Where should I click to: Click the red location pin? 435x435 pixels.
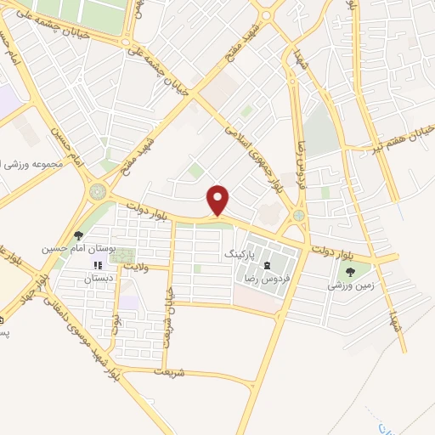click(x=218, y=198)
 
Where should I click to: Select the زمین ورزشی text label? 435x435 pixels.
click(x=350, y=287)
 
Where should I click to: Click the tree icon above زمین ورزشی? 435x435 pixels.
click(x=350, y=272)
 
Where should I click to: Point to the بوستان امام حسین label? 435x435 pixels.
click(x=78, y=251)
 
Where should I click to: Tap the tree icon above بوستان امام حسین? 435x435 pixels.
click(x=78, y=235)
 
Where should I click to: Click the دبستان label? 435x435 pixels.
click(x=95, y=279)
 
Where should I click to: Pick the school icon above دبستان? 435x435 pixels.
click(x=95, y=265)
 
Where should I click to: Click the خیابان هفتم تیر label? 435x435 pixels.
click(x=399, y=140)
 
